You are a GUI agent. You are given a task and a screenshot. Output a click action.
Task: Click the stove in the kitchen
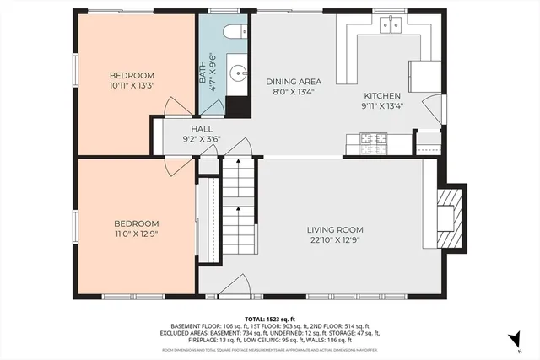[371, 139]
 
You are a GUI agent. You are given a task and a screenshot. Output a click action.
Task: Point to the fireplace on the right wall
[450, 220]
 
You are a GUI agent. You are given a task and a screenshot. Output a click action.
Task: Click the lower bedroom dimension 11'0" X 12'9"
[137, 234]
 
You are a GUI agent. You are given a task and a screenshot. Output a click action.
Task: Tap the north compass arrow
[510, 340]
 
